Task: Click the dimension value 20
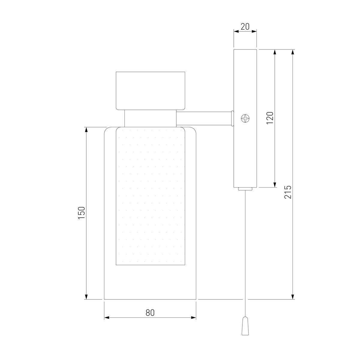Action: (x=245, y=27)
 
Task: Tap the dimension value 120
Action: (x=270, y=118)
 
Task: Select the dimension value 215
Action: (x=288, y=192)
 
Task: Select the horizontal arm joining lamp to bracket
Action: (x=204, y=118)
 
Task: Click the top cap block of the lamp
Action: (x=150, y=91)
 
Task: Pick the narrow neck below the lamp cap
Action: (x=150, y=118)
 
